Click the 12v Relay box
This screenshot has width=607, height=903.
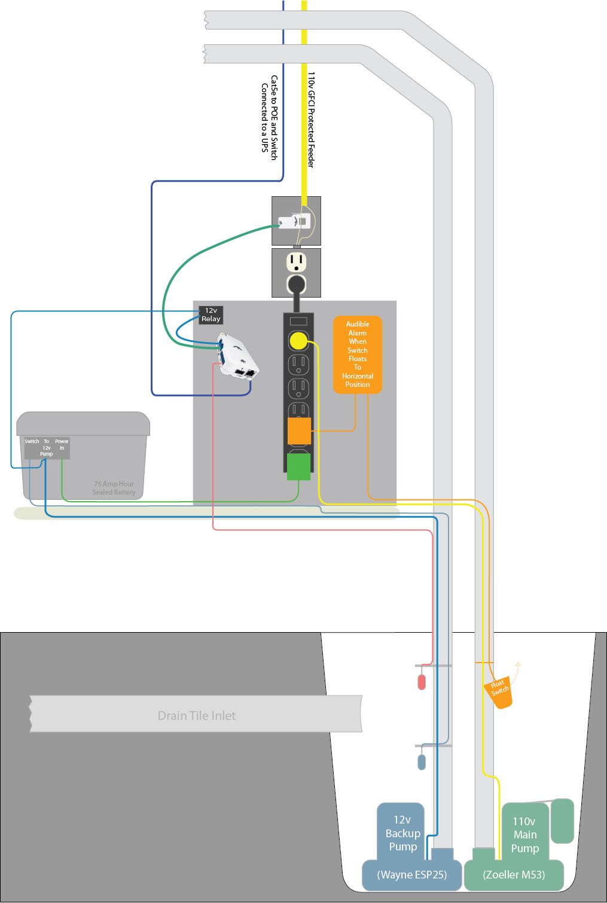(x=211, y=315)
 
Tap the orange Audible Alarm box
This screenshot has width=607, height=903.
(x=357, y=355)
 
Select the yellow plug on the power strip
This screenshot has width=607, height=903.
(x=298, y=341)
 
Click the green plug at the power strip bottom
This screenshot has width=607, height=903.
(x=298, y=466)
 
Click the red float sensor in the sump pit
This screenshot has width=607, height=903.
(x=422, y=682)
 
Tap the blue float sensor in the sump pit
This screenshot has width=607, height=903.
(x=422, y=761)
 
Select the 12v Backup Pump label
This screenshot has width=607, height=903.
(x=402, y=833)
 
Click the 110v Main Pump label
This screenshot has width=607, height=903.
(x=524, y=835)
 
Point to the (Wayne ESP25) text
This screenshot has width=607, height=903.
(x=412, y=874)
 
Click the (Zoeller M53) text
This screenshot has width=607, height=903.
(x=514, y=874)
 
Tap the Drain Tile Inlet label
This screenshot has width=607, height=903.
(x=196, y=715)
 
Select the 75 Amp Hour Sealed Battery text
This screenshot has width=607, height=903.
(x=114, y=488)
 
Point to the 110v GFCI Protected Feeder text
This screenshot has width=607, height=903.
(x=311, y=120)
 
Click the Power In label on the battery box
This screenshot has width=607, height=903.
(x=62, y=444)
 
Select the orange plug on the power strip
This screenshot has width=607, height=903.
(x=299, y=431)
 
